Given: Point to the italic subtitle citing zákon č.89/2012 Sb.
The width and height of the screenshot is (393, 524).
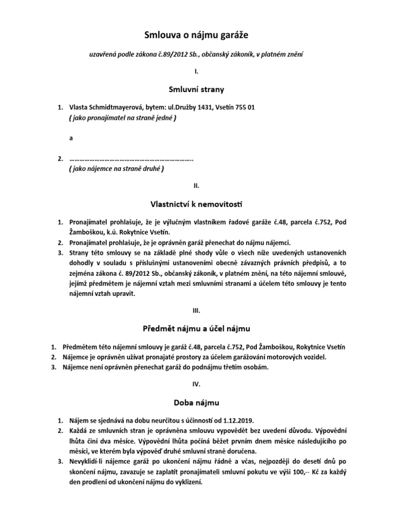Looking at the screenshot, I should point(196,54).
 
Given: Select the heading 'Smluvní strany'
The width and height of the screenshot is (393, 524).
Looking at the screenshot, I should point(196,90).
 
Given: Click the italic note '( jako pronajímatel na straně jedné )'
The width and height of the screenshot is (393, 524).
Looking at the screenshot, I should point(122,118).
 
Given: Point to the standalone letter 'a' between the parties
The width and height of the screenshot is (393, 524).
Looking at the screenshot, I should point(71,138).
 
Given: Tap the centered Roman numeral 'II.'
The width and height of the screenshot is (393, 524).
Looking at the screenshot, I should point(196,185).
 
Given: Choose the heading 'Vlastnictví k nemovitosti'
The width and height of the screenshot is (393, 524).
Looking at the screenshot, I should point(196,204).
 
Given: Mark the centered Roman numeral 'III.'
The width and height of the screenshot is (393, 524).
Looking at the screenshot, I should point(196,310).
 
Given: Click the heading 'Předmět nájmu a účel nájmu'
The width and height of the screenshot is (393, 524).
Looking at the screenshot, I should point(196,328).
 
